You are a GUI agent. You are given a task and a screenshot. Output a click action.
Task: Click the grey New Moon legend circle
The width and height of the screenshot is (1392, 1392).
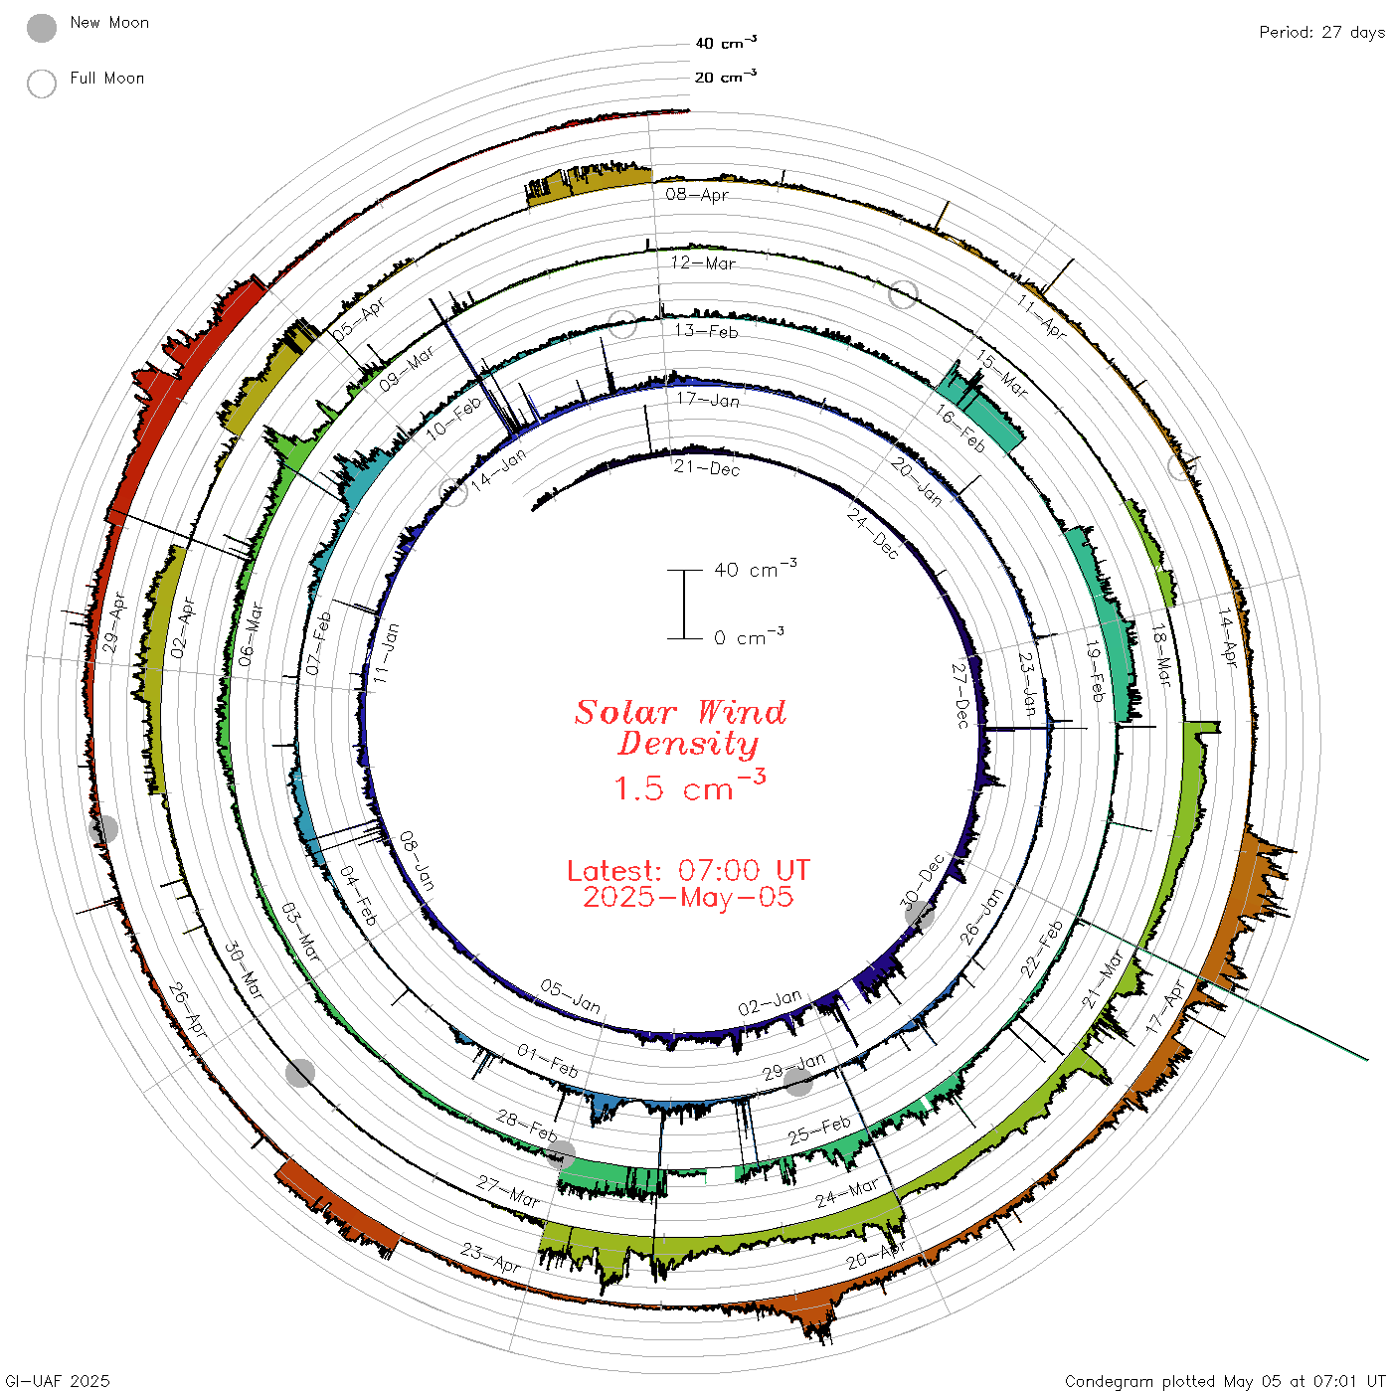41,28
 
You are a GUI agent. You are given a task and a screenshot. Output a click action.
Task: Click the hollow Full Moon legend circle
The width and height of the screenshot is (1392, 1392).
41,84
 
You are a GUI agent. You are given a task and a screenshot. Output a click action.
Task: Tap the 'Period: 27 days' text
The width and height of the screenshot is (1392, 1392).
1321,33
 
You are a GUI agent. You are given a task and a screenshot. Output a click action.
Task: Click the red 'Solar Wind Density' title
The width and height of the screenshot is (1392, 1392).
680,728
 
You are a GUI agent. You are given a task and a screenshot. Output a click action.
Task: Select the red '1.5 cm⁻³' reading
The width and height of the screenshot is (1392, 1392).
688,786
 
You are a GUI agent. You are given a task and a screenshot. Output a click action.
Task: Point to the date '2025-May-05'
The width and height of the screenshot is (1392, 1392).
688,897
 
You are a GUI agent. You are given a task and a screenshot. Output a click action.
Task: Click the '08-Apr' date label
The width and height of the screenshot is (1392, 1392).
697,194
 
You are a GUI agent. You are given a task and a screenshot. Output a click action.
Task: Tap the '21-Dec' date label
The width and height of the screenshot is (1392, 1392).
707,468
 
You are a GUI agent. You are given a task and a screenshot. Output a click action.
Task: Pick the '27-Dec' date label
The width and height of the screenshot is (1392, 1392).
960,695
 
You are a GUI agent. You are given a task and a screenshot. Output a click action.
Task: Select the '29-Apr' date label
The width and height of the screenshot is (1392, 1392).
113,622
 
